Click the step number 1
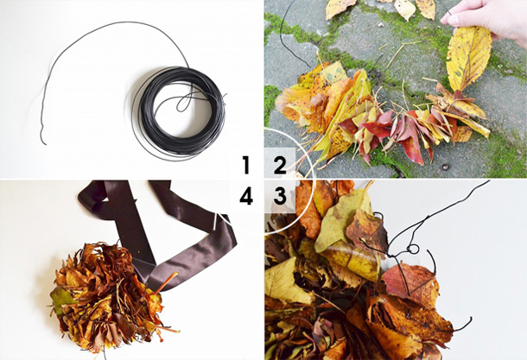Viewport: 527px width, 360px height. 246,165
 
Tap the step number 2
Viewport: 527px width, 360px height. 280,165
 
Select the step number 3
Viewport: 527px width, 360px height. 280,196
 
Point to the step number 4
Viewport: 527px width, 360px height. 246,196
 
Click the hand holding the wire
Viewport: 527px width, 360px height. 487,20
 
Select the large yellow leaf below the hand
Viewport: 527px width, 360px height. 468,58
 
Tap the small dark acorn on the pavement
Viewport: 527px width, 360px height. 446,167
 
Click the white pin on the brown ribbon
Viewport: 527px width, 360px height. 215,222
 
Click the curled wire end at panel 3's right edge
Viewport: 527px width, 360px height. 465,324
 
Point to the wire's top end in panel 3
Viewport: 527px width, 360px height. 489,181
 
